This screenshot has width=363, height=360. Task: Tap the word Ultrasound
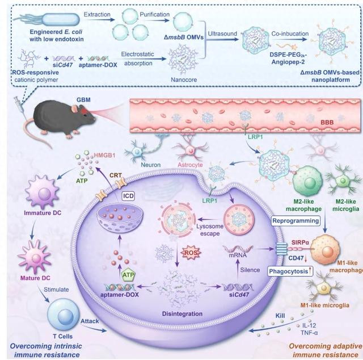coord(222,34)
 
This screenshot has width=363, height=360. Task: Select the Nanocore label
coord(184,79)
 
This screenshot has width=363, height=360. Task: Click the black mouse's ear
coord(75,108)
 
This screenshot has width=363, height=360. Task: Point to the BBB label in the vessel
coord(327,122)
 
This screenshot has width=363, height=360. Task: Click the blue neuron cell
coord(136,151)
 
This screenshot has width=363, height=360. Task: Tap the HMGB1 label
coord(104,156)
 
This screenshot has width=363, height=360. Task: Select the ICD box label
coord(129,196)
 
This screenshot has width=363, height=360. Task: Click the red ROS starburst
coord(191,252)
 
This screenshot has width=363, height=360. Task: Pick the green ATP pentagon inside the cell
coord(128,275)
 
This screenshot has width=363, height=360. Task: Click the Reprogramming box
coord(296,220)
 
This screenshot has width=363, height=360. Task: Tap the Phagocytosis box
coord(290,271)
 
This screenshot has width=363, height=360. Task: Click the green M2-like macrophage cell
coord(307,181)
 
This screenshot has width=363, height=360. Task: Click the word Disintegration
coord(182,313)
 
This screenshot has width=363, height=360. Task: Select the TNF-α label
coord(309,333)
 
